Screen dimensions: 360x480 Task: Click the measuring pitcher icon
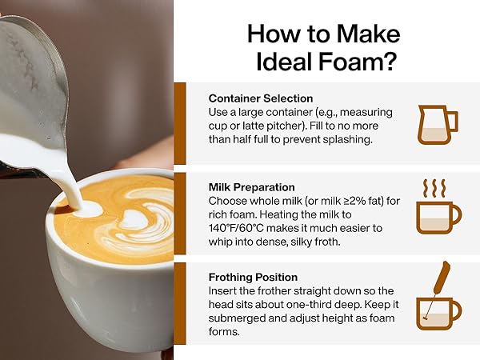click(438, 122)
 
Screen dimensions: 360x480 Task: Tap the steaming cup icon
click(438, 211)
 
